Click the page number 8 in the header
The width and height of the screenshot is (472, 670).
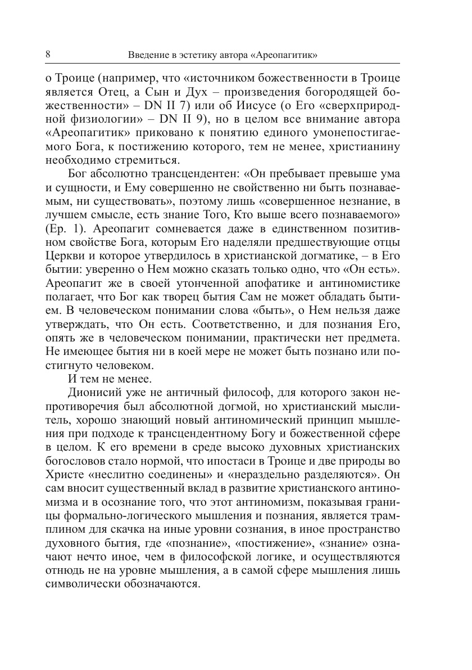pyautogui.click(x=47, y=55)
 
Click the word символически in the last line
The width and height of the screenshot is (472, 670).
pyautogui.click(x=83, y=581)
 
